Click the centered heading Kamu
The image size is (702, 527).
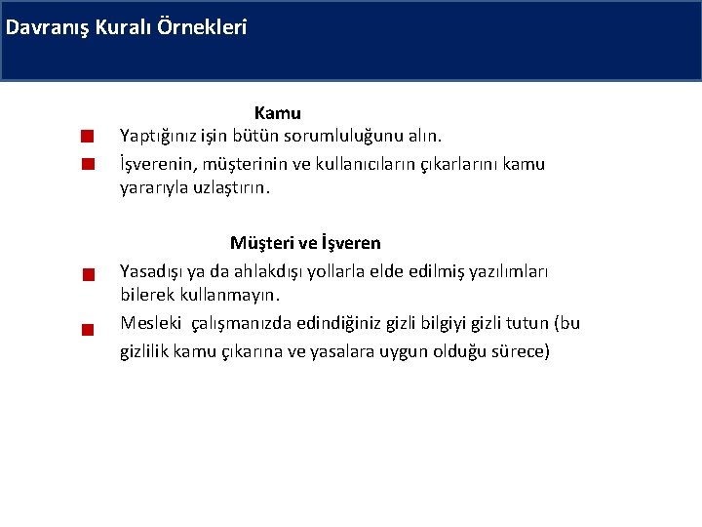tap(278, 114)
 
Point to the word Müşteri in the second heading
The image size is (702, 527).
tap(261, 242)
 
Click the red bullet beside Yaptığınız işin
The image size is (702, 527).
tap(87, 135)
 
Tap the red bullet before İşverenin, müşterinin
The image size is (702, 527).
tap(87, 164)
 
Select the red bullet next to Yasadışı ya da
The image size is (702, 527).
tap(87, 274)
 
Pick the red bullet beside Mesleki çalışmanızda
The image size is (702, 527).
tap(87, 329)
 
